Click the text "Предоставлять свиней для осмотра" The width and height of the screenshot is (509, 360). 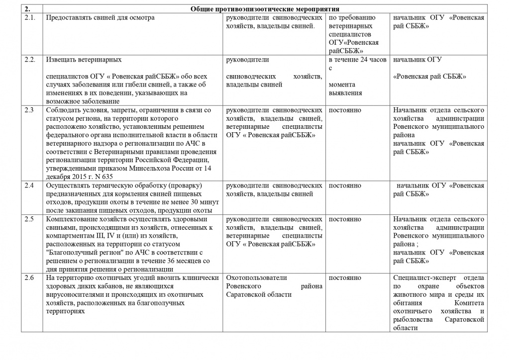click(100, 18)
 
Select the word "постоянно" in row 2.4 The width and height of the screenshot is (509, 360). click(345, 185)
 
